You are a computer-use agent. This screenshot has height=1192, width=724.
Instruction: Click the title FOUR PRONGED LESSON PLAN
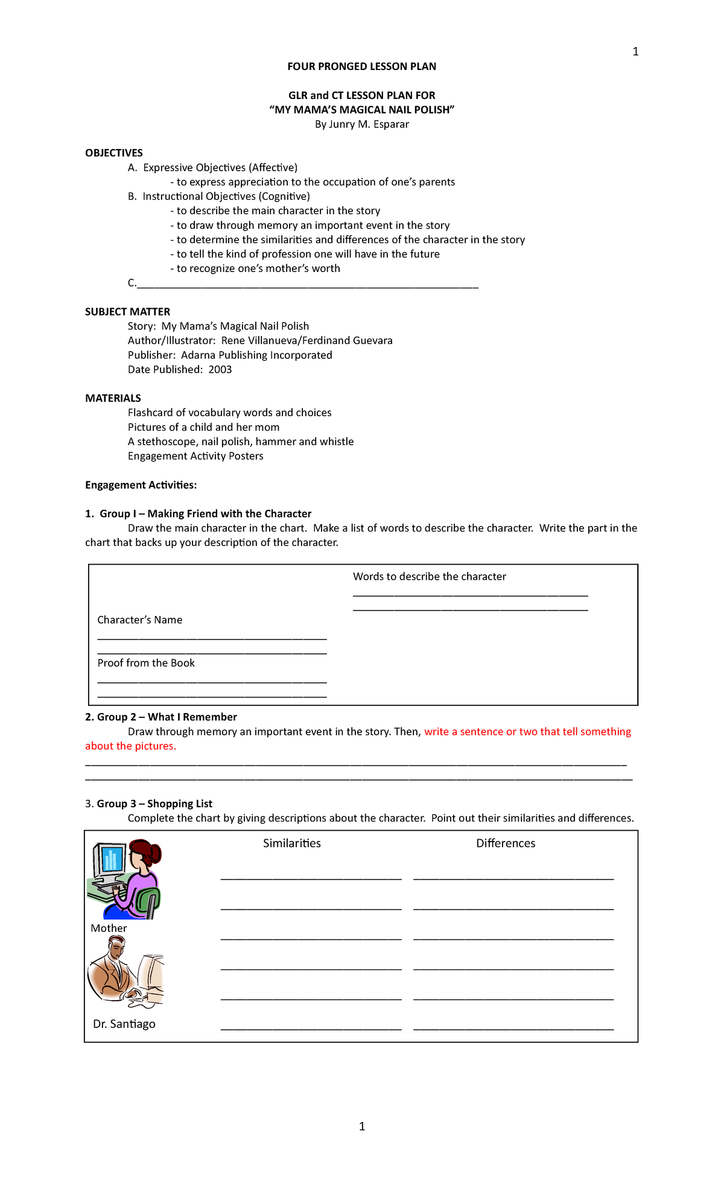point(361,66)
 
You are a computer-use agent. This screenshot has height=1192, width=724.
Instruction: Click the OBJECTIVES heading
point(114,153)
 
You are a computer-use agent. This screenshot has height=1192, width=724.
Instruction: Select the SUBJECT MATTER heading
point(127,311)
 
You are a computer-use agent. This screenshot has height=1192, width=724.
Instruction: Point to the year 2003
point(220,369)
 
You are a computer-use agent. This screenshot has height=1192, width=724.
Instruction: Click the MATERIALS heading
point(113,398)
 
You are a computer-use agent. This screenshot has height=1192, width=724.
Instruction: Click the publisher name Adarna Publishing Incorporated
point(256,355)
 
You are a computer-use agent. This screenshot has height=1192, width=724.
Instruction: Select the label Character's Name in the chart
point(139,620)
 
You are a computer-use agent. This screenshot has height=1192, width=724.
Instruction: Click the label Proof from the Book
point(146,663)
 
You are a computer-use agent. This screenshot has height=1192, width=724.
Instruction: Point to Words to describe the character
point(429,576)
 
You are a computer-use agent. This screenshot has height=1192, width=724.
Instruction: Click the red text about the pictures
point(130,746)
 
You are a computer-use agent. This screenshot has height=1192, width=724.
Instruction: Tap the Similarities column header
point(291,843)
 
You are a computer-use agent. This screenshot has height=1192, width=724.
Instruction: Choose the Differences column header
point(506,843)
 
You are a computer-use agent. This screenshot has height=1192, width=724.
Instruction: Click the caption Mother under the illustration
point(109,928)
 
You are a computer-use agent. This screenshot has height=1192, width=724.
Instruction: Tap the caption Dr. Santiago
point(124,1024)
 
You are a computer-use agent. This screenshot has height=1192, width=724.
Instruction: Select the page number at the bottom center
point(361,1126)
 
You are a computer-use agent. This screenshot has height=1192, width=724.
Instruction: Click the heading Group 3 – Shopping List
point(154,804)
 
